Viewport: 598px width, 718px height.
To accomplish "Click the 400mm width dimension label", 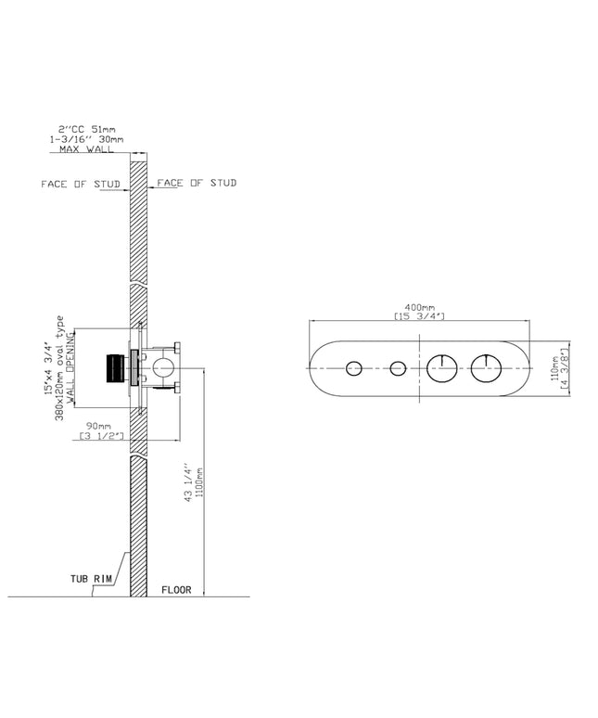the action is pos(419,307).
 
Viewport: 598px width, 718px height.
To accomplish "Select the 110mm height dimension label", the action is pos(554,368).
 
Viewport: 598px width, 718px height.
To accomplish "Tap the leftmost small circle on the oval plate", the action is pos(353,368).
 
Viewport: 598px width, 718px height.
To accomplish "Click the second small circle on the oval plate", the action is pos(398,368).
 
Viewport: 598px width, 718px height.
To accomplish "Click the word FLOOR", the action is pos(176,590).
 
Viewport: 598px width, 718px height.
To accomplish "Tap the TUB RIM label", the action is pos(91,579).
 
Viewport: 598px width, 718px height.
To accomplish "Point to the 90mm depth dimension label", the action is pos(99,427).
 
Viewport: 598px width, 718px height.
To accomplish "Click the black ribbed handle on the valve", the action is pos(115,368).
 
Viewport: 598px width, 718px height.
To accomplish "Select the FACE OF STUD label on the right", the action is pos(197,183).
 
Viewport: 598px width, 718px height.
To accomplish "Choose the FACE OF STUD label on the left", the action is pos(81,184).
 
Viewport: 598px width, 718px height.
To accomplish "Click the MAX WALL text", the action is pos(86,149).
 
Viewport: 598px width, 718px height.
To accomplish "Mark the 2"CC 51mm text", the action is pos(86,129).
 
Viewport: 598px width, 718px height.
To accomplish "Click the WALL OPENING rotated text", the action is pos(70,369).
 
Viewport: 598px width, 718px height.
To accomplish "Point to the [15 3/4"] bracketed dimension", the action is pos(419,316).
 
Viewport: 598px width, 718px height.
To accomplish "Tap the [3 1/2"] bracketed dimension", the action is pos(102,435).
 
